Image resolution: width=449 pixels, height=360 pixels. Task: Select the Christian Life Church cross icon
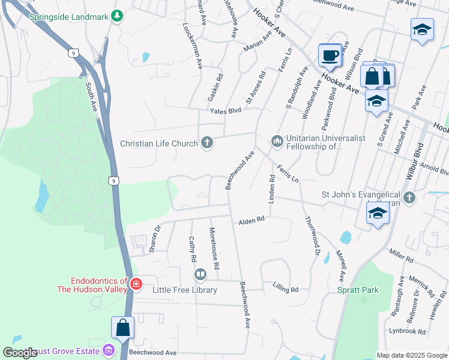tap(207, 143)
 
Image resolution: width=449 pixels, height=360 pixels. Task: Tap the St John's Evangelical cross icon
tap(409, 198)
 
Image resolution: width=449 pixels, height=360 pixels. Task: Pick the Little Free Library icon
tap(200, 275)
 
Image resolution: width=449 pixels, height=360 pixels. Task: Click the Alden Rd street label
tap(252, 221)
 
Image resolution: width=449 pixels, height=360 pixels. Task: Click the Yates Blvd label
tap(225, 110)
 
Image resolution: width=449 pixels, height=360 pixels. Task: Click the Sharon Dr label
tap(156, 238)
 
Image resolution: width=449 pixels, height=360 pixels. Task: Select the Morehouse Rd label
tap(214, 248)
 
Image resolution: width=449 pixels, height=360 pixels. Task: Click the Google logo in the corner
tap(20, 353)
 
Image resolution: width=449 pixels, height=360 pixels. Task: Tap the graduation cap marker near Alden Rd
tap(377, 214)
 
